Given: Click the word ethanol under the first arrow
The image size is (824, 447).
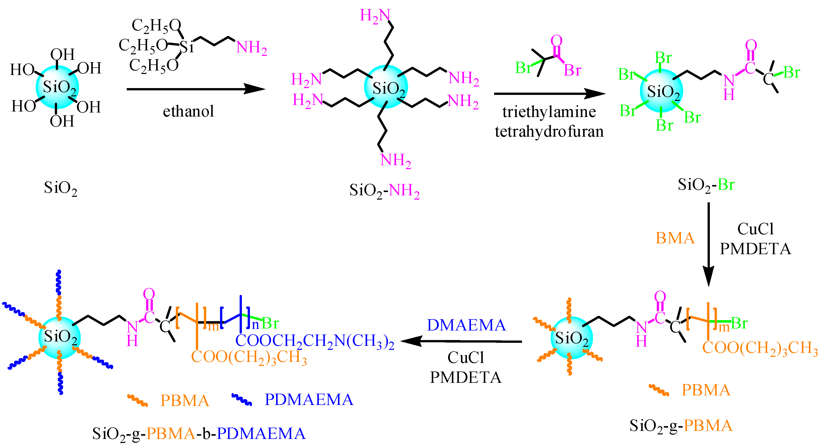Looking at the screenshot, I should coord(188,111).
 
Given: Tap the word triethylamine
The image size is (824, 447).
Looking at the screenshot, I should coord(549,112).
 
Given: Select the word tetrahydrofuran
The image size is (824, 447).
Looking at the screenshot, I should coord(549,131).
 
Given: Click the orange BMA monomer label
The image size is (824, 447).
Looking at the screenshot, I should coord(675,238).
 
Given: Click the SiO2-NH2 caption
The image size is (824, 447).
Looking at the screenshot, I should coord(384,191).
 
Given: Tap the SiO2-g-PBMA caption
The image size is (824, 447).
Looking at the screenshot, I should coord(681,426).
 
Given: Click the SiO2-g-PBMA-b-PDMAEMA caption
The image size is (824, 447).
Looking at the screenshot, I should coord(199,434).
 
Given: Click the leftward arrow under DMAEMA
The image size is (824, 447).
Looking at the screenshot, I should coord(461,341).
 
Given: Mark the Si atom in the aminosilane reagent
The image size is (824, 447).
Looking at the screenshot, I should coord(187,47).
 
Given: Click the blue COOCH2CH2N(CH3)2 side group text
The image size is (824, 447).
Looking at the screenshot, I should coord(315,341).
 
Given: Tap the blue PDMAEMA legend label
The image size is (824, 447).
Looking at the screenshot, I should coord(309,400).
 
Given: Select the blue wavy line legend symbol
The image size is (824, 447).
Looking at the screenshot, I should coord(241,400).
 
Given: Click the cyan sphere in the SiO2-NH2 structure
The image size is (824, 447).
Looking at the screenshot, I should coord(386,87).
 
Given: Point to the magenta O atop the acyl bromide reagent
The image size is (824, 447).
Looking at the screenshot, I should coord(557,41).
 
